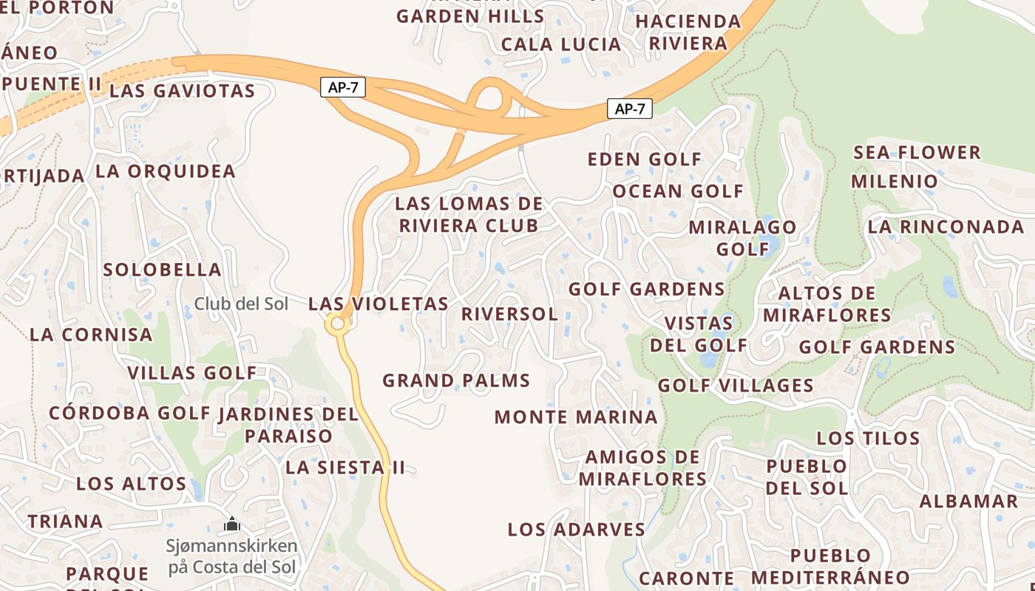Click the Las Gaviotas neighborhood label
click(182, 92)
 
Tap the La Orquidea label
click(165, 171)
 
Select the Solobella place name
click(163, 270)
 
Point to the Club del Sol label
click(241, 304)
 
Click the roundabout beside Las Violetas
click(338, 324)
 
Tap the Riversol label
click(509, 314)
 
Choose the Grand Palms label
click(456, 381)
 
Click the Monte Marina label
click(576, 417)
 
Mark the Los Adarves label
click(576, 530)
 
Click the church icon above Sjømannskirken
click(232, 525)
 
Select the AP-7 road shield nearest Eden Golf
click(630, 109)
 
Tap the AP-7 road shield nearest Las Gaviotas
click(343, 87)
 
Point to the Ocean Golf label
click(678, 191)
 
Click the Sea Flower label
click(917, 153)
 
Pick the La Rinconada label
click(946, 227)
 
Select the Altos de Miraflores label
click(827, 304)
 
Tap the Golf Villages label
click(736, 386)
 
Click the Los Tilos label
click(868, 438)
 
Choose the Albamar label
click(968, 501)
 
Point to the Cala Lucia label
click(561, 44)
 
